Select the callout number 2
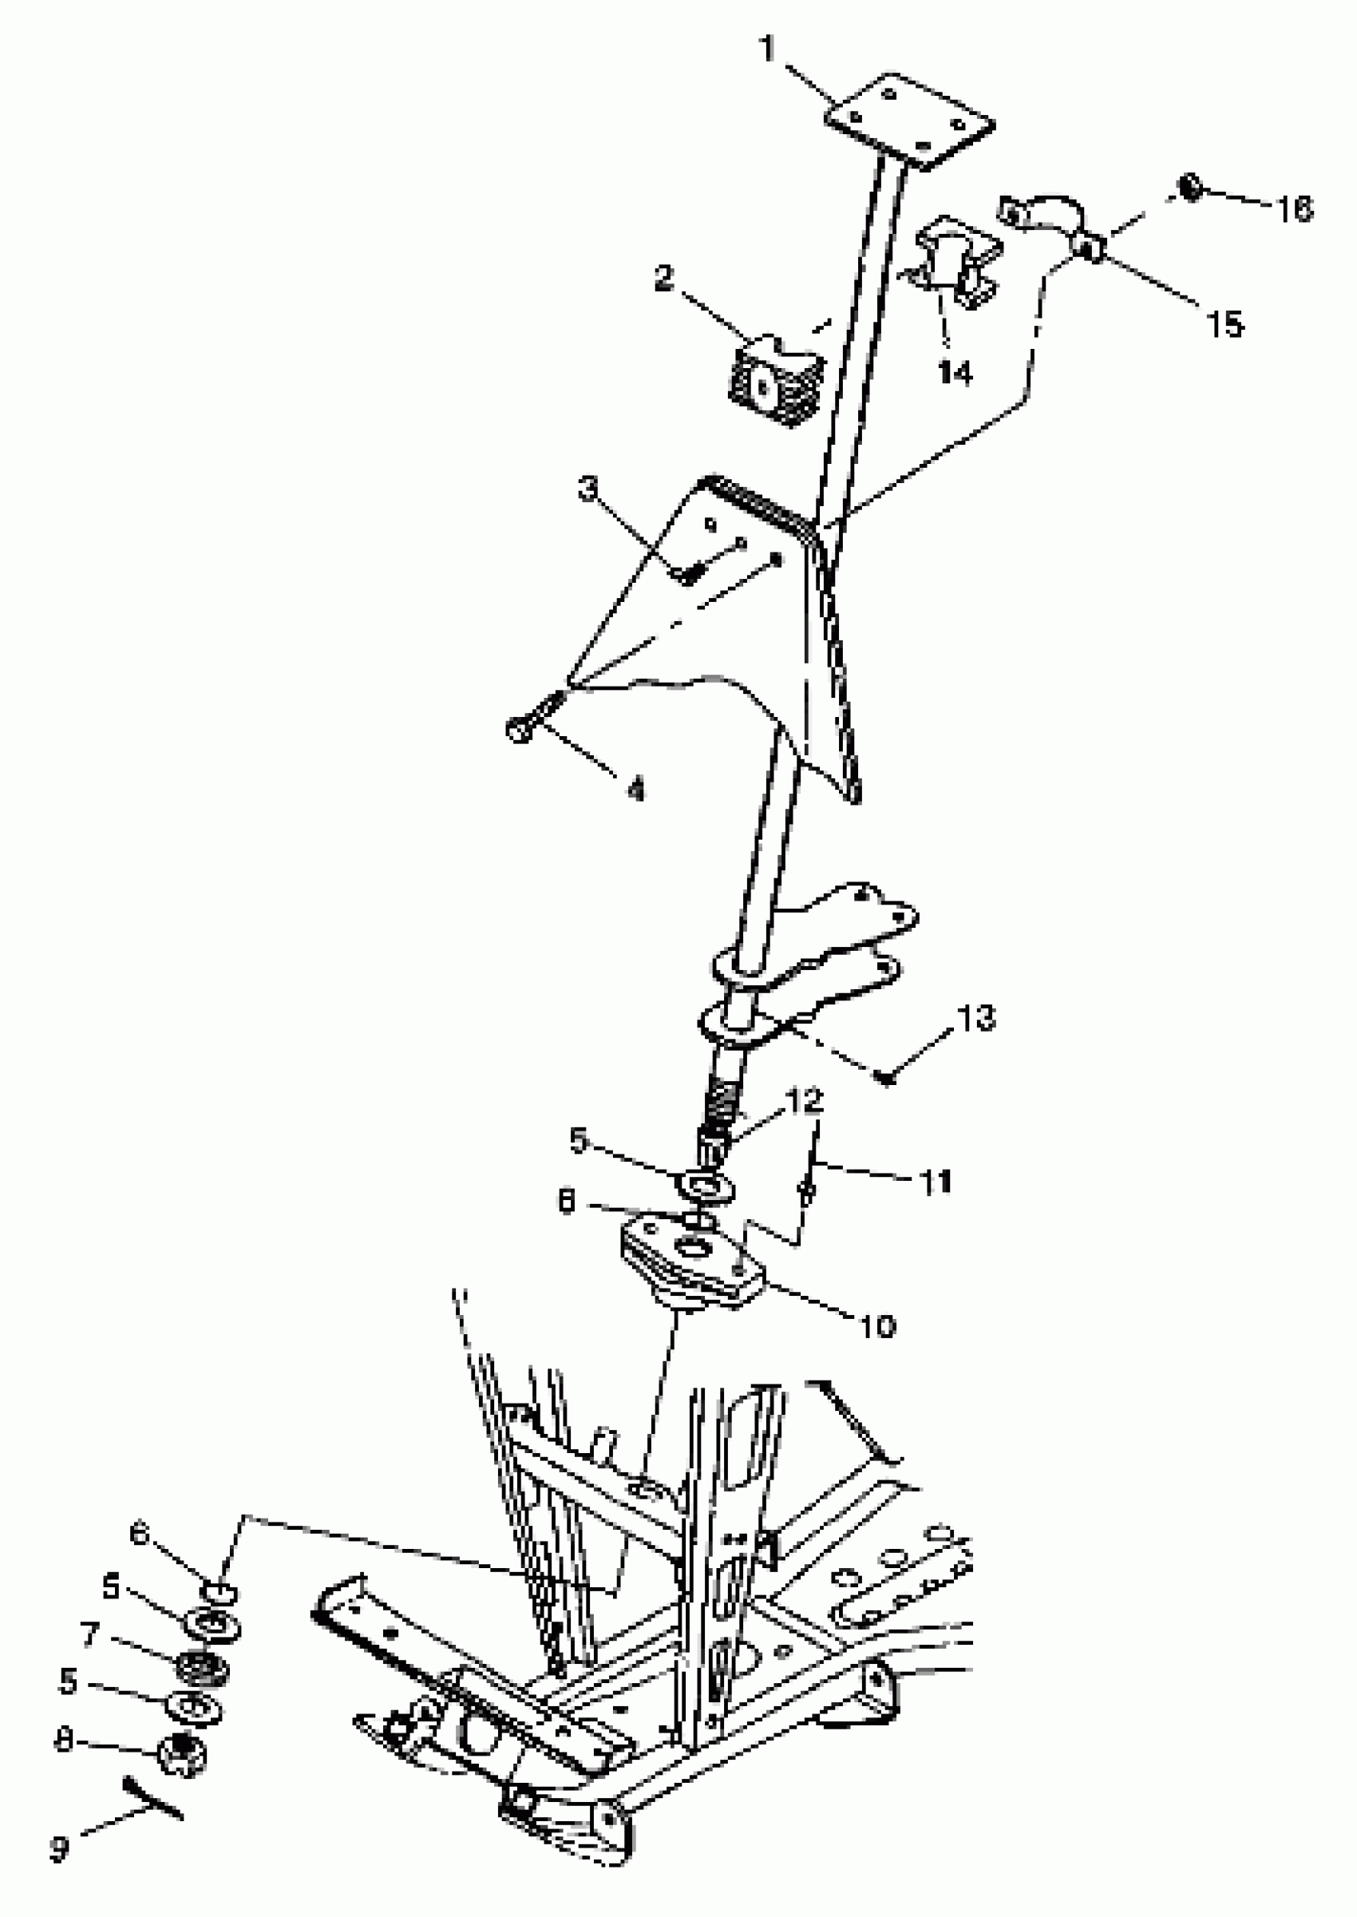[663, 279]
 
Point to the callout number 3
[590, 488]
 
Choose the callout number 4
[637, 788]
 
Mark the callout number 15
[1225, 324]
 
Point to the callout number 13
[978, 1019]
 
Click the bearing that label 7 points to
[200, 1669]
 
